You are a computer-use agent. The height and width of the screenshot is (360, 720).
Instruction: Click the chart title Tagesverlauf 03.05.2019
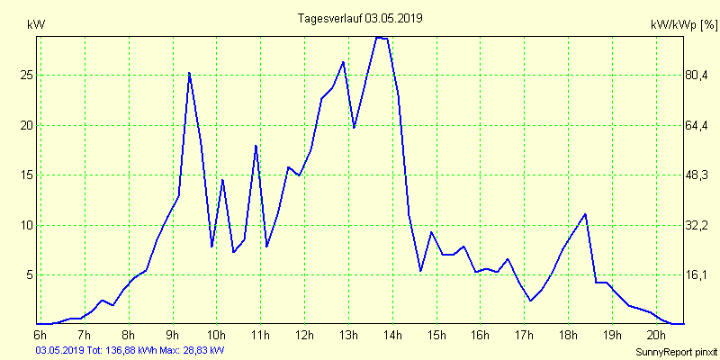[x=360, y=17]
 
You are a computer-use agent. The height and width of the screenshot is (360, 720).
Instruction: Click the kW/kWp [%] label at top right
[x=683, y=26]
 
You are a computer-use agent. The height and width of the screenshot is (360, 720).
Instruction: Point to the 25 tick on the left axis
[x=27, y=76]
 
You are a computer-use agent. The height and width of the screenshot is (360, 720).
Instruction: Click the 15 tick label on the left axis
[x=27, y=175]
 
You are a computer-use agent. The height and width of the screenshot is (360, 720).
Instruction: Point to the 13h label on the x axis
[x=347, y=336]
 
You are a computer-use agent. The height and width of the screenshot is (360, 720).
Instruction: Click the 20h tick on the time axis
[x=656, y=336]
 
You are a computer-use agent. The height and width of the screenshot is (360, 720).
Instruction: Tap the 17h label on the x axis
[x=524, y=336]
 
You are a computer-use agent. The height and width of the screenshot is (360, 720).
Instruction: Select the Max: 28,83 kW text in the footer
[x=193, y=349]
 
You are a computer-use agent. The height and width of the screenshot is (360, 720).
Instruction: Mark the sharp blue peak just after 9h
[x=189, y=73]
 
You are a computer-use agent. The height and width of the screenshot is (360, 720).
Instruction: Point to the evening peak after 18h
[x=586, y=214]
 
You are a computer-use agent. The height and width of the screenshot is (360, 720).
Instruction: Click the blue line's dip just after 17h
[x=531, y=301]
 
